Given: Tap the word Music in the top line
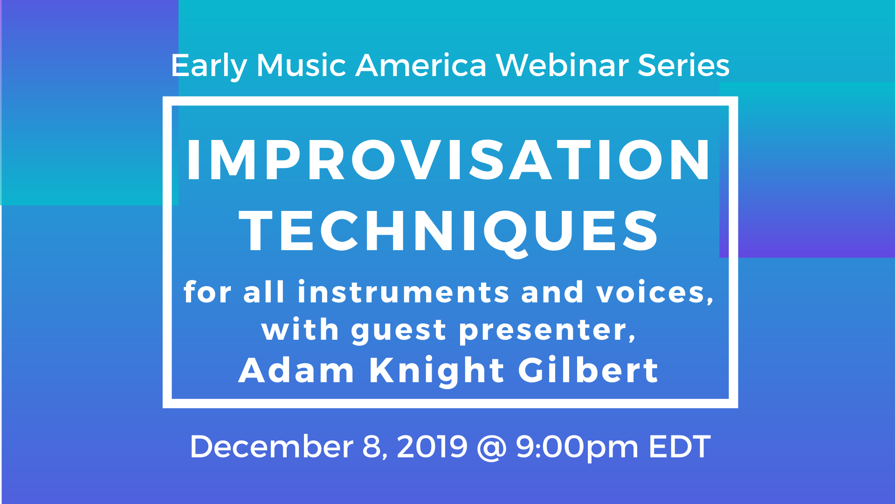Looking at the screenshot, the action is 301,65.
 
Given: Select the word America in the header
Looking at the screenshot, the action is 421,65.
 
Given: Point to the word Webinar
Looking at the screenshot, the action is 562,65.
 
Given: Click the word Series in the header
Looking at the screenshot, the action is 683,65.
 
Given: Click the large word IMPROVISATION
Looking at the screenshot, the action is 448,160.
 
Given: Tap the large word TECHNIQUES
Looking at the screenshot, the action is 448,232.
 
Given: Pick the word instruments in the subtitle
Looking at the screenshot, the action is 404,292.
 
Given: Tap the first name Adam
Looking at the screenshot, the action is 296,370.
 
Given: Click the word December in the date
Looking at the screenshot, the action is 271,447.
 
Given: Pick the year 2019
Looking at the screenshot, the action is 432,447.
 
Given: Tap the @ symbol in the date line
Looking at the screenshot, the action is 492,448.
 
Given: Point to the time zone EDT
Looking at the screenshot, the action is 680,447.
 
